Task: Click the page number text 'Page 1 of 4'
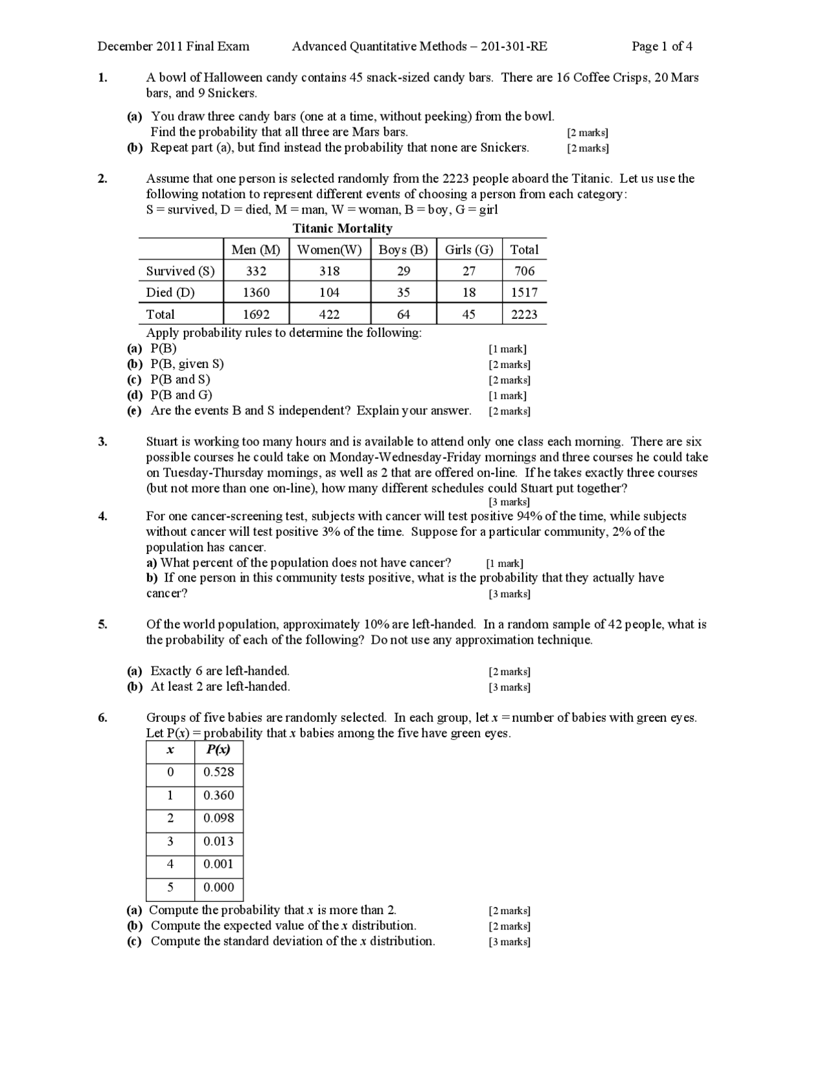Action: point(661,46)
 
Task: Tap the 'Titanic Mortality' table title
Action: point(342,228)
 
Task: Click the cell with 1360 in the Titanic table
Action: point(256,292)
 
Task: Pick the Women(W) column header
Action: point(329,250)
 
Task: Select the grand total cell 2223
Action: point(524,314)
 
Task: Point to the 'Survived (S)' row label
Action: point(180,271)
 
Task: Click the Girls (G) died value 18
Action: point(469,292)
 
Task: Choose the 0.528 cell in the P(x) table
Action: point(219,772)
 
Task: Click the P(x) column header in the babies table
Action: point(218,749)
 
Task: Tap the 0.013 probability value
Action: point(219,841)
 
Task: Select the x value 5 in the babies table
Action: point(170,887)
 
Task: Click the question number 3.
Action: point(102,442)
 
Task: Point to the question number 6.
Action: point(102,717)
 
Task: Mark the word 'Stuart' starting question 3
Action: point(162,442)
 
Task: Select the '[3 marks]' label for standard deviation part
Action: point(509,942)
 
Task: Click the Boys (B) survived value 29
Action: point(403,271)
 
